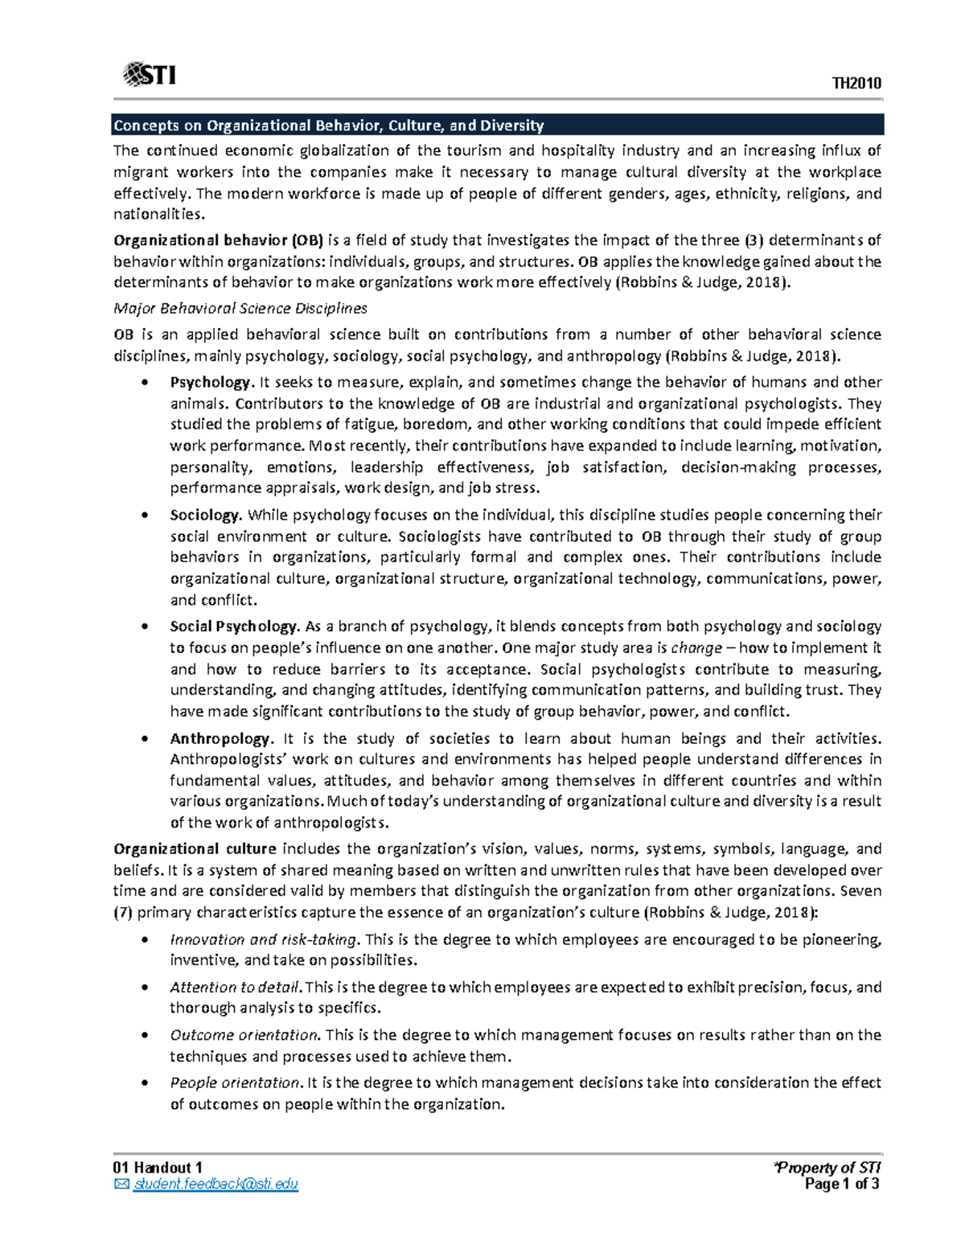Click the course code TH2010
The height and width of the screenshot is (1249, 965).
click(856, 84)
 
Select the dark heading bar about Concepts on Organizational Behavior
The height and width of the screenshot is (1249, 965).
click(498, 125)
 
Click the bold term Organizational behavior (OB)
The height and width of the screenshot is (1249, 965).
click(218, 240)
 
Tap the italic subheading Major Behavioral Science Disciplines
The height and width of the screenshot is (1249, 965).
click(240, 308)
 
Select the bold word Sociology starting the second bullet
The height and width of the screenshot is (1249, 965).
click(205, 515)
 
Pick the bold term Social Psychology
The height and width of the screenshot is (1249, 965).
click(234, 627)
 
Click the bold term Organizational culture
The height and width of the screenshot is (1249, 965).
click(195, 848)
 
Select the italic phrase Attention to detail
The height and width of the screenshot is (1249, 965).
click(236, 987)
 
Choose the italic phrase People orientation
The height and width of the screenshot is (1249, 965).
click(235, 1083)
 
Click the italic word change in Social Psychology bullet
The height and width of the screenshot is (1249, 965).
click(696, 648)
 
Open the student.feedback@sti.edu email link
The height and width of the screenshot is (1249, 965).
click(216, 1184)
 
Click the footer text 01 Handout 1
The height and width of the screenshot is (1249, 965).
click(158, 1167)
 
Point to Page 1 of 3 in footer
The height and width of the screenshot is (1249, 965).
click(842, 1184)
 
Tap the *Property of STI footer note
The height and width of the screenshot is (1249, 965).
click(827, 1167)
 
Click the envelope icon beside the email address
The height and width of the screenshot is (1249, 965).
click(121, 1184)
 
